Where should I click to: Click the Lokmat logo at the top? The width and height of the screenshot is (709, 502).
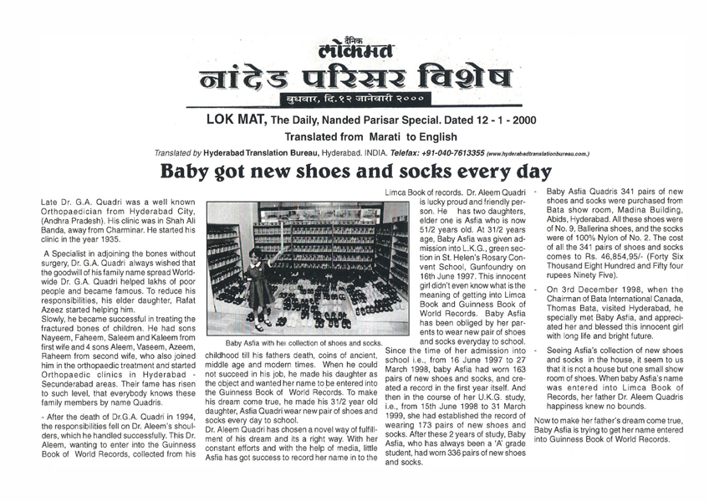[x=354, y=49]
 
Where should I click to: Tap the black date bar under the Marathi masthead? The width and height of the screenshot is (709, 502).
[x=354, y=100]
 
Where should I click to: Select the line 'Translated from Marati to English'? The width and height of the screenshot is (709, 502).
[x=354, y=136]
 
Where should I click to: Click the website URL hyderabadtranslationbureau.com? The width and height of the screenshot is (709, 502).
[x=538, y=155]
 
